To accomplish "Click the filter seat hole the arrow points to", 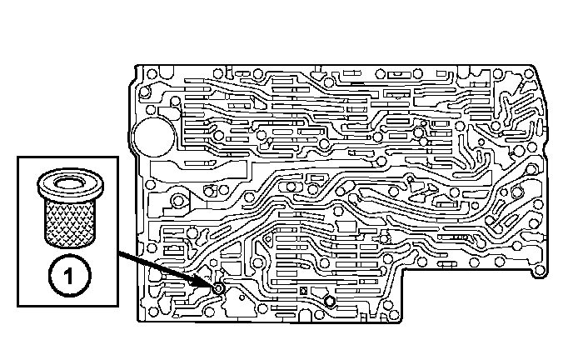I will tap(217, 288).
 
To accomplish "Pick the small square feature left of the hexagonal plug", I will tap(305, 291).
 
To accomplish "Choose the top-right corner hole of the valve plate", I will tap(531, 72).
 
